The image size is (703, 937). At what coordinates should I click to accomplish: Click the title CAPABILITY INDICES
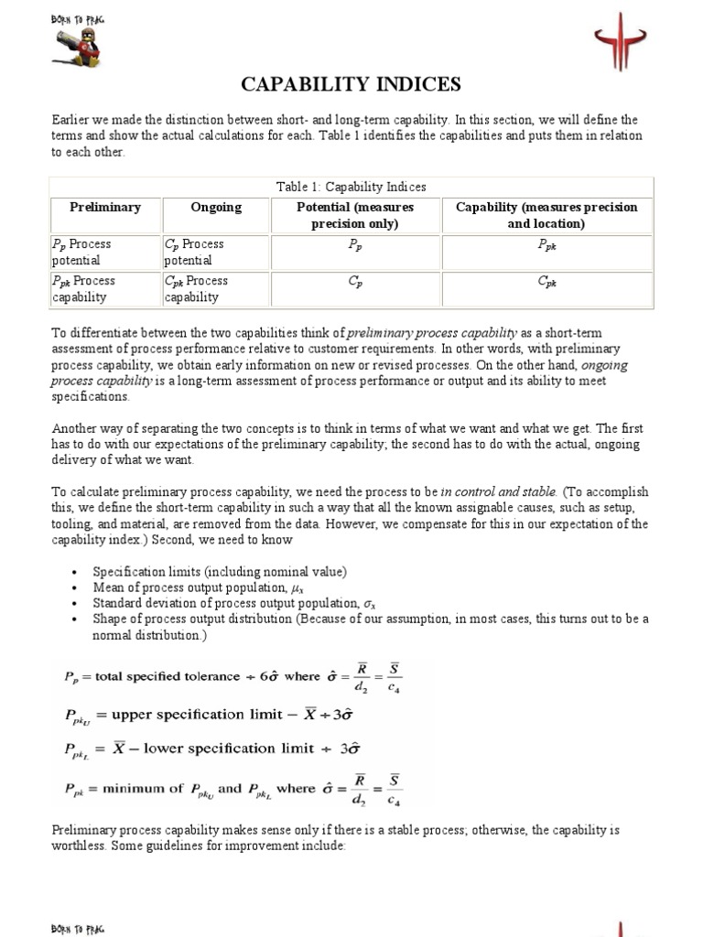pos(351,85)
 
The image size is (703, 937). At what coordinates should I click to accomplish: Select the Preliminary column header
pos(105,208)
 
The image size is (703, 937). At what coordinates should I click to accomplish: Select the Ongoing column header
pos(216,208)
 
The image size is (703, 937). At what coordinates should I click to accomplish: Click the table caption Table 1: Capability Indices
pos(351,187)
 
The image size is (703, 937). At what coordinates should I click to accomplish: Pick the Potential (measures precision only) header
pos(356,215)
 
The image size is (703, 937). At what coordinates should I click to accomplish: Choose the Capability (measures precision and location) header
pos(546,215)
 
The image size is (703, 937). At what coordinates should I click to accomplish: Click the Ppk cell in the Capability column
pos(546,245)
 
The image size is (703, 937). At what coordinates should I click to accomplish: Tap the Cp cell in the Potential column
pos(356,282)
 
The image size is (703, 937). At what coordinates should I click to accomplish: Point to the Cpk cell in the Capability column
pos(546,282)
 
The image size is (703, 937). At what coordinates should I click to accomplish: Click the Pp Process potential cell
pos(104,253)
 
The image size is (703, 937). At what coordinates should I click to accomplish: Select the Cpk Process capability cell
pos(216,289)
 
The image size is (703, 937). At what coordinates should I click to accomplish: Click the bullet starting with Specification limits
pos(220,572)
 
